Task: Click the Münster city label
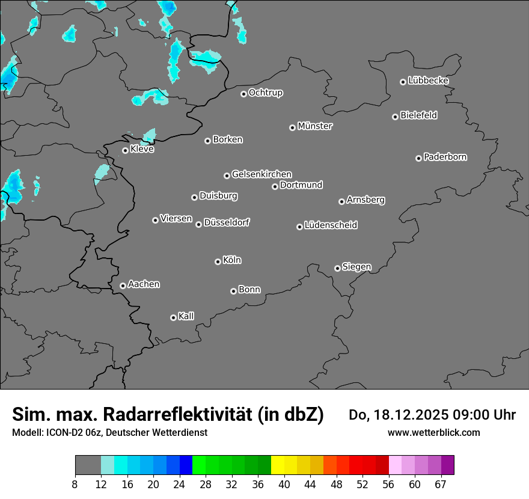pos(315,126)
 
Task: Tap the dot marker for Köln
pos(218,262)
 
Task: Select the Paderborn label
pos(445,157)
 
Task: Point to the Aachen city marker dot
pos(123,286)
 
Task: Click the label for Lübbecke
pos(428,81)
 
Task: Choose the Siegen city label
pos(356,267)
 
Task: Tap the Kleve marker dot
pos(125,150)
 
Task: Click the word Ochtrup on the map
pos(265,93)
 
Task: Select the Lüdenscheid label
pos(331,225)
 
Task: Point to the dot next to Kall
pos(173,317)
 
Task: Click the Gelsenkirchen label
pos(261,174)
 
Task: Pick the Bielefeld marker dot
pos(395,117)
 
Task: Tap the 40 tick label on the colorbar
pos(284,484)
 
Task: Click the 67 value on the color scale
pos(441,484)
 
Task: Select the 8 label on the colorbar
pos(75,484)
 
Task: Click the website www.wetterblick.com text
pos(433,433)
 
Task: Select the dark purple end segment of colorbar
pos(447,465)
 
